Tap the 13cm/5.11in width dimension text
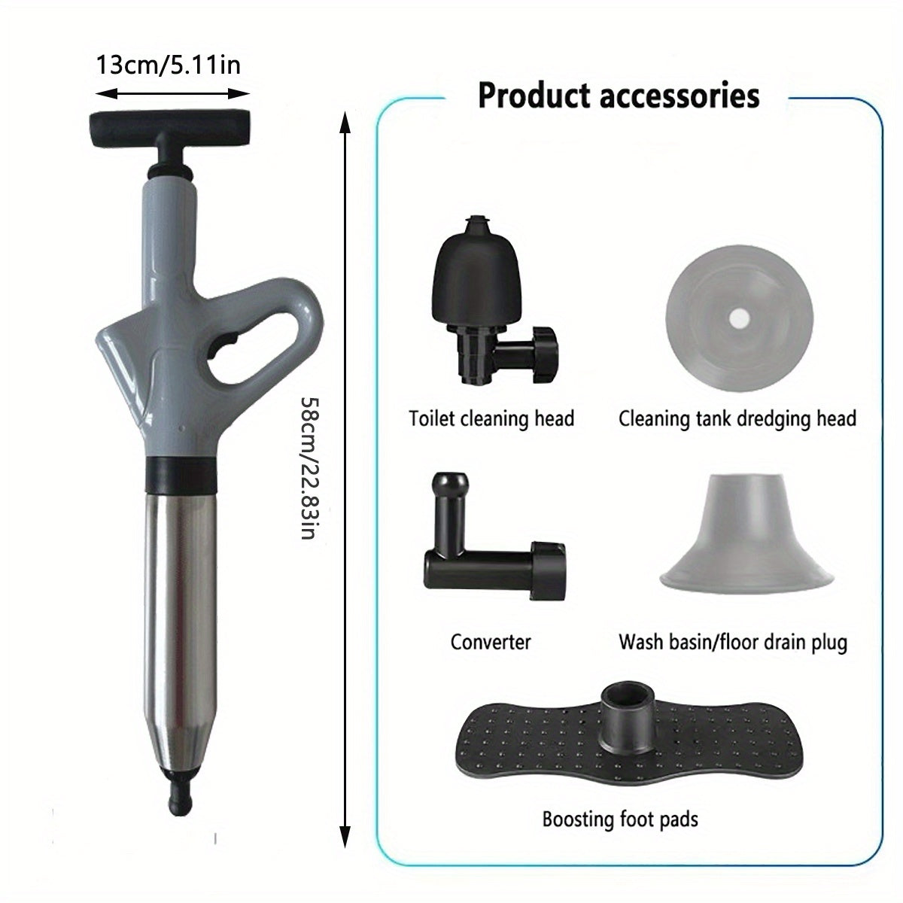[168, 65]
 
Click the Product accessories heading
[619, 96]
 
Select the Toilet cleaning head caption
[491, 418]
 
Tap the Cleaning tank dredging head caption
[737, 418]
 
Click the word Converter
[491, 642]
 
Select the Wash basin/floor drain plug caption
[733, 642]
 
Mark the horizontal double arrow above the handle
[172, 94]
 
